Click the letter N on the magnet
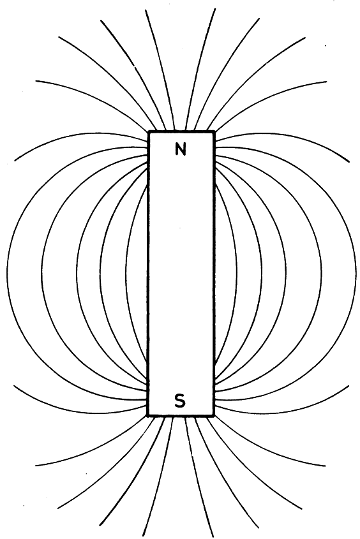coord(181,149)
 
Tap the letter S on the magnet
coord(180,401)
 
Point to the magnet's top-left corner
coord(149,131)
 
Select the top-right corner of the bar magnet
coord(214,131)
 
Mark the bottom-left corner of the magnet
coord(148,416)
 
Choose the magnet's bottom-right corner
coord(213,416)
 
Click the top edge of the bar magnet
coord(181,131)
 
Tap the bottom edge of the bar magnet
coord(181,416)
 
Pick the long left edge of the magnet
coord(148,273)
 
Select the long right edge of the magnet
coord(214,273)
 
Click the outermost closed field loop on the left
coord(7,272)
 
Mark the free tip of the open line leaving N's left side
coord(15,161)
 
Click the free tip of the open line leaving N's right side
coord(349,161)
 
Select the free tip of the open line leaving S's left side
coord(14,385)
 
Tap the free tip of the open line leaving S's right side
coord(349,386)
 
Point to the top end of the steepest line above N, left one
coord(146,10)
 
